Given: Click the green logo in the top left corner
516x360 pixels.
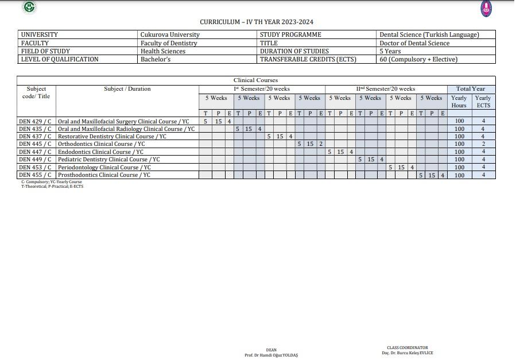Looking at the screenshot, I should coord(29,7).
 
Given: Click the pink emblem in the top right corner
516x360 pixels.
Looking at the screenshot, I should coord(486,8).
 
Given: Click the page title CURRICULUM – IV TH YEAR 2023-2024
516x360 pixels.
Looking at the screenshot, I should coord(257,22).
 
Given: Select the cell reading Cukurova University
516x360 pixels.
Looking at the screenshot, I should coord(170,34).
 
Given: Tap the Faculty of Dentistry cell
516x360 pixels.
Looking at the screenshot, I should coord(169,43).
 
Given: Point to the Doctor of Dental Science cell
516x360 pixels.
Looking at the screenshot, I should coord(414,43).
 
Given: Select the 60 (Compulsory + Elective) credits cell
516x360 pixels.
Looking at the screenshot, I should coord(418,59).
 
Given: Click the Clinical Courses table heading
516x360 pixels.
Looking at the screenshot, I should coord(255,80).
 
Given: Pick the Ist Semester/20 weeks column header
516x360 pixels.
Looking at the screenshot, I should coord(262,89).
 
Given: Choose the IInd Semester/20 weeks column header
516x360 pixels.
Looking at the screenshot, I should coord(386,89).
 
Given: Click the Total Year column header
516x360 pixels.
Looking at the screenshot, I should coord(471,89).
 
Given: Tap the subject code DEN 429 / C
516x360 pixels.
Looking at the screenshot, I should coord(36,121).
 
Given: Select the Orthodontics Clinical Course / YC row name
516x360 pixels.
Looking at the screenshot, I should coord(102,144).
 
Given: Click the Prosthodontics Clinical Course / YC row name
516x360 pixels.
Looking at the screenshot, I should coord(104,175).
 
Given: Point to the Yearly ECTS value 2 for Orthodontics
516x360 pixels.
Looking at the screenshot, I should coord(483,144).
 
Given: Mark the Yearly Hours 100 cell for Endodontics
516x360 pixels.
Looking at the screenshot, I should coord(459,152).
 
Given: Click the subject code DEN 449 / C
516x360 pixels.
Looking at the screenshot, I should coord(36,159).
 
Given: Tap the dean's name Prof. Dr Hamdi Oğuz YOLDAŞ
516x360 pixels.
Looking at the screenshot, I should coord(271,355).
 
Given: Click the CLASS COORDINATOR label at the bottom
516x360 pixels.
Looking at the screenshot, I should coord(408,347).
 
